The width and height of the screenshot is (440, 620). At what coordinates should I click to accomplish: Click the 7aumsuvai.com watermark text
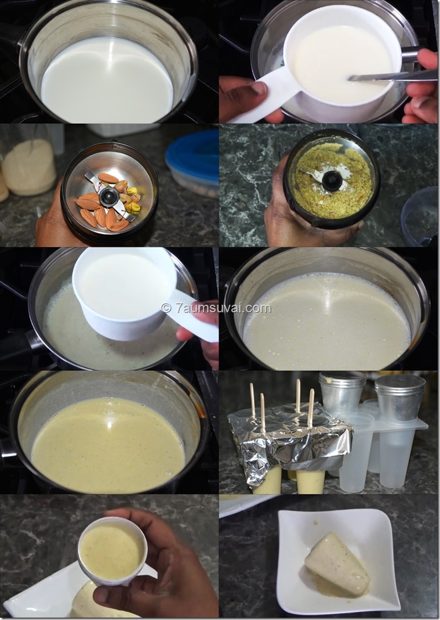pos(216,308)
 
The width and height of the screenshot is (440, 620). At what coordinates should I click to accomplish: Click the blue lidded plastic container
pos(192,161)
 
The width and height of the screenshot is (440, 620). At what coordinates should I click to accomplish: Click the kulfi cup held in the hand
pos(112,550)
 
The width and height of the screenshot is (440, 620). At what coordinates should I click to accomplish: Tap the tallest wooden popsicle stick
pos(298,395)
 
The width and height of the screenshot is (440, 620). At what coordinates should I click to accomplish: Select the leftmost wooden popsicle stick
pos(252,400)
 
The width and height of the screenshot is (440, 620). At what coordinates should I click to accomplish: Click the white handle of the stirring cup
pos(264,99)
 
